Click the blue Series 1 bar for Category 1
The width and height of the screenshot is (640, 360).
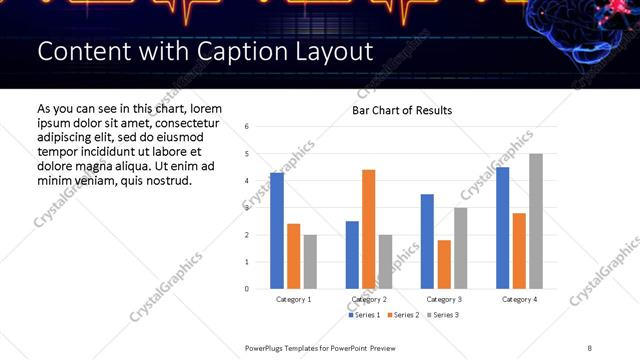pyautogui.click(x=277, y=231)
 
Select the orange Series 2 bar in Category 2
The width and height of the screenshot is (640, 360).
pyautogui.click(x=368, y=229)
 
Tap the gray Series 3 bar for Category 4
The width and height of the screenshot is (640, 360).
pyautogui.click(x=536, y=221)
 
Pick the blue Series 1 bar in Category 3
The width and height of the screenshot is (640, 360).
pyautogui.click(x=427, y=241)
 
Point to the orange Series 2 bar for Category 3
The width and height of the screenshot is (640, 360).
pyautogui.click(x=444, y=264)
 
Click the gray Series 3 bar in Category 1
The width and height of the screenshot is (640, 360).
pyautogui.click(x=310, y=262)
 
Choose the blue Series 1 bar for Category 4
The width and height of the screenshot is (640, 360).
pyautogui.click(x=502, y=228)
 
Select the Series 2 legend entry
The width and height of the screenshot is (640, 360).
pyautogui.click(x=402, y=315)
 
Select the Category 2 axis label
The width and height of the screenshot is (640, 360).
pyautogui.click(x=369, y=299)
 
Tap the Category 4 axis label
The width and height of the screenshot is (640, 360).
pyautogui.click(x=519, y=299)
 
